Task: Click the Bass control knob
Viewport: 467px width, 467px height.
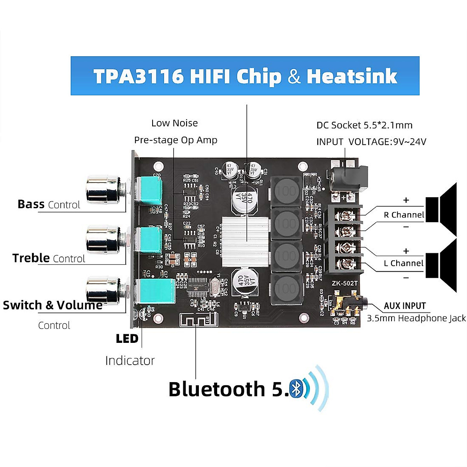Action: coord(102,190)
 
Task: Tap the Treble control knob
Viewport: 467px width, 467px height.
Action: coord(102,239)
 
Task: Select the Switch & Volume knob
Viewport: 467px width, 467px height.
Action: coord(102,290)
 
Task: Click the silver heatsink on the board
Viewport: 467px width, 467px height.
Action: coord(246,237)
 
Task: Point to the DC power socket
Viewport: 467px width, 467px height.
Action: coord(348,177)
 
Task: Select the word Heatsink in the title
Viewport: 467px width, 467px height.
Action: coord(352,76)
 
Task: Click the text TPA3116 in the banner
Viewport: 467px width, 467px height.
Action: coord(138,76)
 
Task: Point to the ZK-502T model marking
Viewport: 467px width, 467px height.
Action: coord(344,283)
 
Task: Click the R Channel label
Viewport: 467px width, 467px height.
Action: coord(404,215)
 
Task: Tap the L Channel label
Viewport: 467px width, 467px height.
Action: coord(404,263)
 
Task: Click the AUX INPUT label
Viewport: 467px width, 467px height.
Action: coord(405,306)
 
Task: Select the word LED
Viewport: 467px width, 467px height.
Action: coord(127,339)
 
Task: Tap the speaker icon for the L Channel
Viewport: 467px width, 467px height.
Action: coord(442,265)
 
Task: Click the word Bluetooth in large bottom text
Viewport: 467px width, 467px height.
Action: coord(216,389)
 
